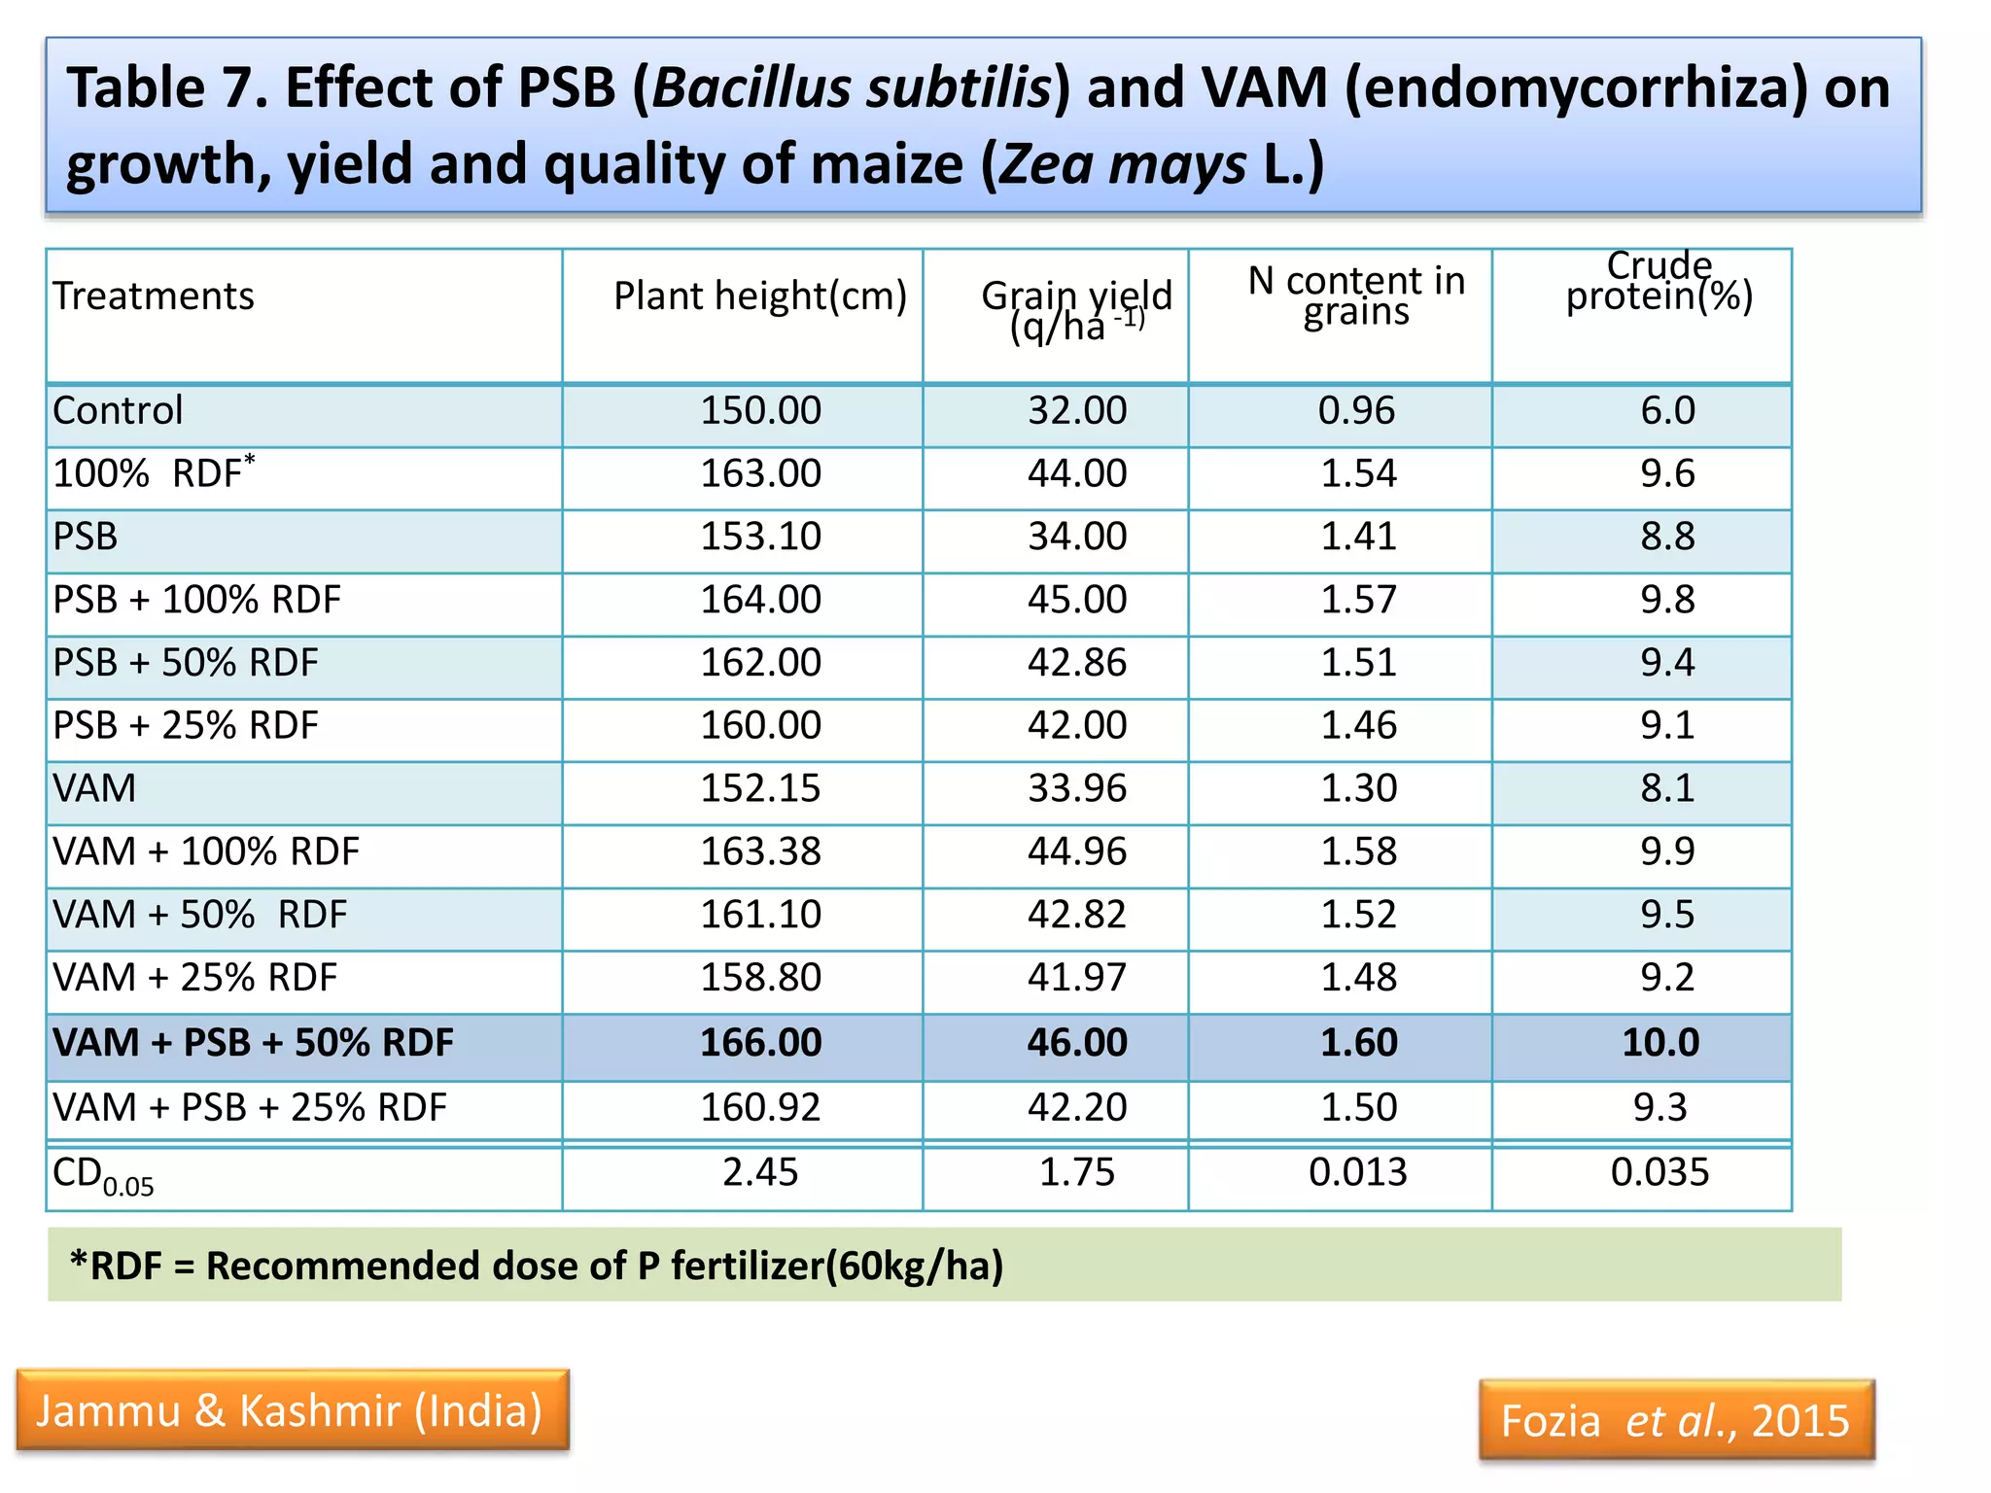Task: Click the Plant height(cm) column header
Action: tap(759, 295)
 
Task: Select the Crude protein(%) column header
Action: tap(1659, 281)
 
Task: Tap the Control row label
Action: tap(118, 410)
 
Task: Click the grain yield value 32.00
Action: tap(1077, 410)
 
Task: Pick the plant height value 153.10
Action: tap(760, 537)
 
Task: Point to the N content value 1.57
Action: tap(1358, 600)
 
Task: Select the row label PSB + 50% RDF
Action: tap(186, 663)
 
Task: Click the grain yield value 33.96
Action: tap(1077, 788)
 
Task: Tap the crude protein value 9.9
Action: tap(1667, 851)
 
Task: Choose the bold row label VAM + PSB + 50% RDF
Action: tap(253, 1043)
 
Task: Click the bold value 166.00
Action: tap(760, 1043)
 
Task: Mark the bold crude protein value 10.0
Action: tap(1659, 1043)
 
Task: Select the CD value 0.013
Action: tap(1357, 1172)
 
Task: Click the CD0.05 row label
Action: tap(103, 1176)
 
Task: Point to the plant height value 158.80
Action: tap(760, 978)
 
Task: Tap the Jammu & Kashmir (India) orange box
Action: tap(291, 1410)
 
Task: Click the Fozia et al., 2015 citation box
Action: tap(1675, 1421)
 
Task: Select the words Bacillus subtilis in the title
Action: tap(852, 87)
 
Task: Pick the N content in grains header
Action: tap(1356, 295)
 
